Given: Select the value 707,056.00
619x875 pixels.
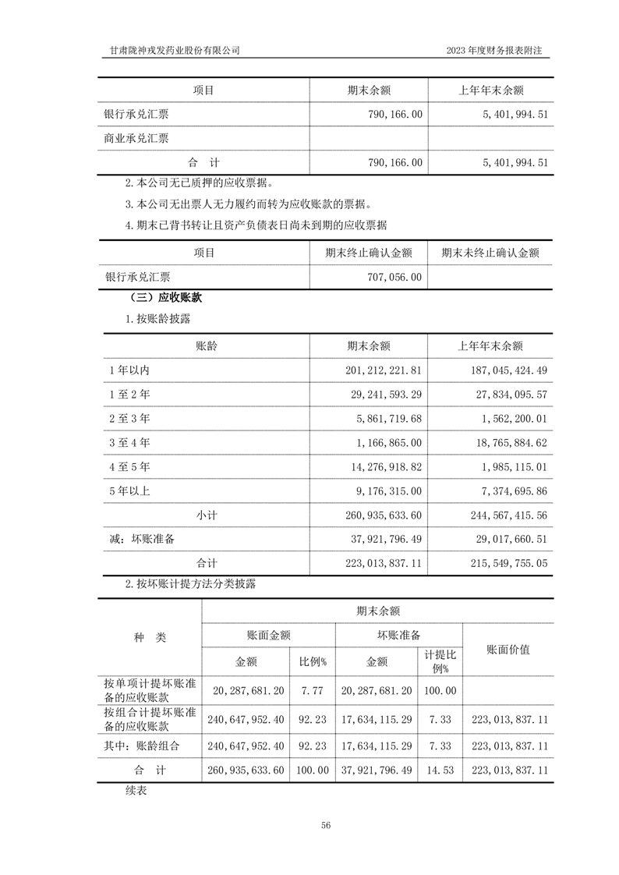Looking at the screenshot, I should click(393, 276).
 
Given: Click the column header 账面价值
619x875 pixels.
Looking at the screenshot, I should click(508, 650).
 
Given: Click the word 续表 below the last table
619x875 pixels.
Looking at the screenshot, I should click(136, 790).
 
